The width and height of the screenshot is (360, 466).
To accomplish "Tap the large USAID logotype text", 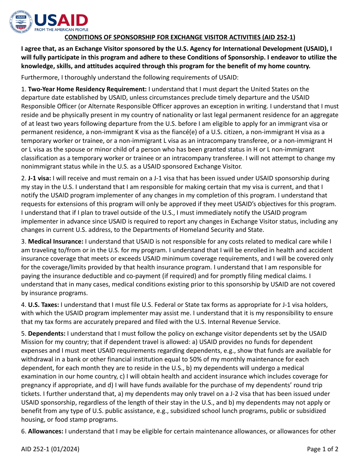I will (x=61, y=20).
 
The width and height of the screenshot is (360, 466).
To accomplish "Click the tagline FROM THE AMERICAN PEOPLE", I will (x=61, y=30).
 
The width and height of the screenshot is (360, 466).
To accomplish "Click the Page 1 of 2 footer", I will (x=322, y=449).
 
